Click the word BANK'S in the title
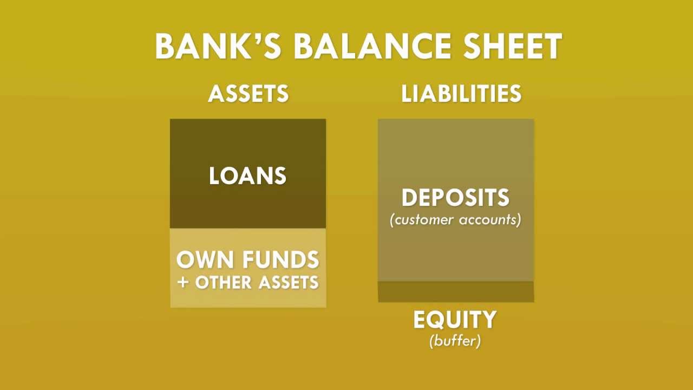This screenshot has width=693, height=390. click(218, 46)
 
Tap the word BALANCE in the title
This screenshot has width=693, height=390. click(371, 46)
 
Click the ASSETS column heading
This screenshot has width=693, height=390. click(249, 94)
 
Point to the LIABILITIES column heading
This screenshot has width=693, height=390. click(461, 94)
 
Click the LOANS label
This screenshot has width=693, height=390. click(247, 176)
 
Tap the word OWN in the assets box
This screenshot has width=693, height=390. click(205, 259)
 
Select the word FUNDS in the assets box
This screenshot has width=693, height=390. click(280, 259)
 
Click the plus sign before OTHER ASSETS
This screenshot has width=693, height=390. click(183, 282)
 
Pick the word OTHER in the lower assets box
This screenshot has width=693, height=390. click(224, 282)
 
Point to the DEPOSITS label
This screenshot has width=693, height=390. click(455, 198)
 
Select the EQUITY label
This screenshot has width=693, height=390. click(455, 320)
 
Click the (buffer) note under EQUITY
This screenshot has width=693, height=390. click(455, 341)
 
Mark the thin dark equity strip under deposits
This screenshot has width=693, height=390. click(456, 291)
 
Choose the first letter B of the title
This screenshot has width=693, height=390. click(166, 46)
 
